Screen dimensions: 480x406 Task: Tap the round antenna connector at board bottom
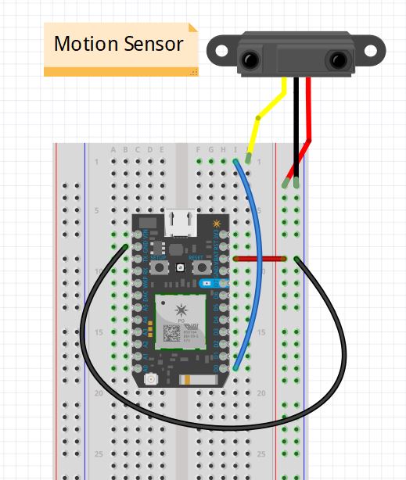click(149, 379)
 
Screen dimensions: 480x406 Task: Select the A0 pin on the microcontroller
click(143, 367)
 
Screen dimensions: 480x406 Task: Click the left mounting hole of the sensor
click(220, 52)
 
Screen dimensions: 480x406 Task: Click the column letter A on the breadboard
click(114, 150)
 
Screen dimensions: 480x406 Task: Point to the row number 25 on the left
click(98, 453)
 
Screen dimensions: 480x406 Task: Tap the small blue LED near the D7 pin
click(207, 284)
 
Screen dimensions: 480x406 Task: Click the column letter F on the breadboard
click(200, 150)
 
